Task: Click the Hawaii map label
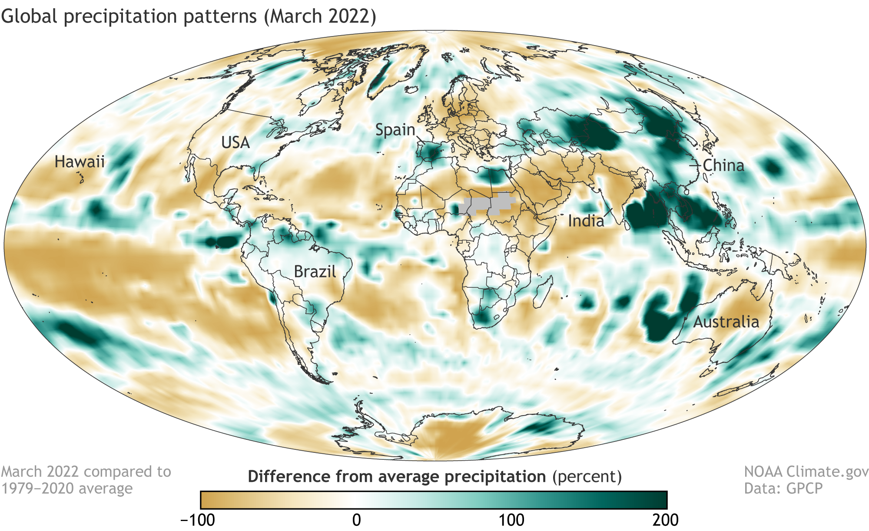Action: (80, 162)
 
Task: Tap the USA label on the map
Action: (235, 142)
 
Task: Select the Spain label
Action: (395, 129)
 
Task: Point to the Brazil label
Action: (315, 272)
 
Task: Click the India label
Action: (586, 221)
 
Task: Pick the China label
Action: (723, 165)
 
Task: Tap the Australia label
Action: (726, 322)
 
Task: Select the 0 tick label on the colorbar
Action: (356, 520)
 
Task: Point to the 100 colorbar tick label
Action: (511, 520)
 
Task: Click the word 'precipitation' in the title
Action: (160, 16)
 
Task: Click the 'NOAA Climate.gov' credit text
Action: (806, 472)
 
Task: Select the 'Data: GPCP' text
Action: (783, 488)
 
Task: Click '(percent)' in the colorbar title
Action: (587, 477)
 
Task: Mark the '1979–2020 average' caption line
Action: (67, 488)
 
